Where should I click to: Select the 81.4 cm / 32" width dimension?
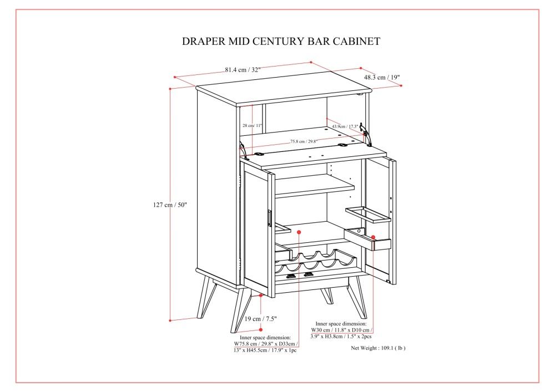pyautogui.click(x=243, y=70)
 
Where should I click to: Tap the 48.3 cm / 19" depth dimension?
pyautogui.click(x=382, y=78)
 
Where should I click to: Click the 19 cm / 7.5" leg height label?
pyautogui.click(x=261, y=319)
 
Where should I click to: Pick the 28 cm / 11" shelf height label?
pyautogui.click(x=253, y=125)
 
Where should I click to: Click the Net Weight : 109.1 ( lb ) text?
pyautogui.click(x=379, y=349)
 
